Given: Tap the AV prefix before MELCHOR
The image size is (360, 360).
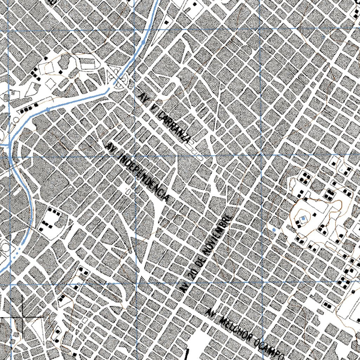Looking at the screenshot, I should pyautogui.click(x=211, y=312).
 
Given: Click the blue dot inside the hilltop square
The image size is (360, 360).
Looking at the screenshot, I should pyautogui.click(x=303, y=219).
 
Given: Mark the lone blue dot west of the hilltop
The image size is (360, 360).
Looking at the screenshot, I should pyautogui.click(x=274, y=230).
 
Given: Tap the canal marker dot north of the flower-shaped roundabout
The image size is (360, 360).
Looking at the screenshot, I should pyautogui.click(x=144, y=42).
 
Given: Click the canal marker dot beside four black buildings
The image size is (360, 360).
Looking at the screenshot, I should pyautogui.click(x=47, y=109).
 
